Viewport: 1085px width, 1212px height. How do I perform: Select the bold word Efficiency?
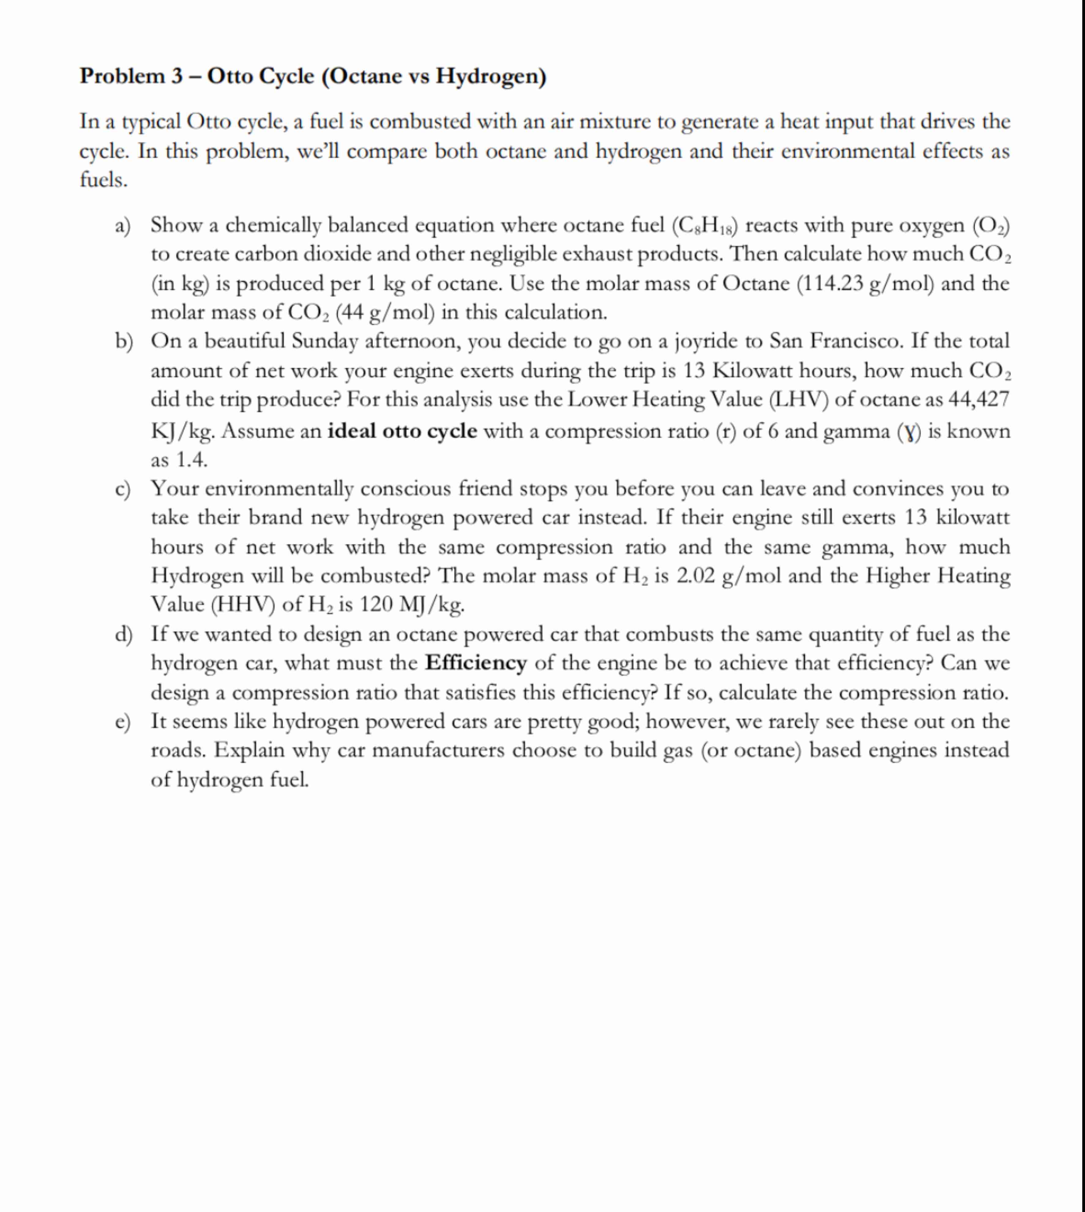[476, 662]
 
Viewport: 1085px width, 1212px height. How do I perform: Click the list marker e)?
[123, 722]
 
